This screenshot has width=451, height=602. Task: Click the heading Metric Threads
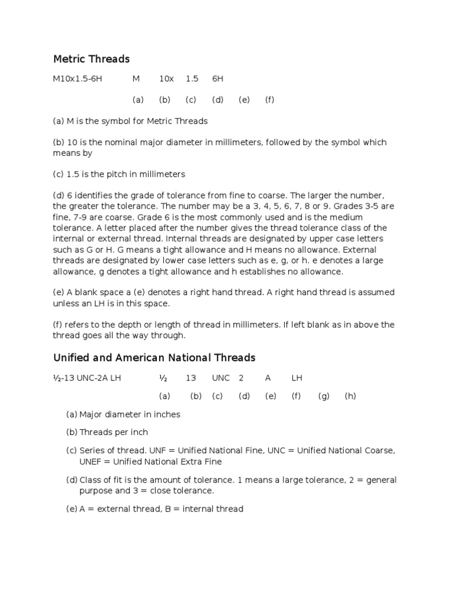click(x=91, y=59)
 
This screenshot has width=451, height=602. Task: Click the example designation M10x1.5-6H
click(x=78, y=79)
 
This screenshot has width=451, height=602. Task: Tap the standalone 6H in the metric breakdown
click(x=217, y=79)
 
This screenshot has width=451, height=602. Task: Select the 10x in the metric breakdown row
click(x=166, y=79)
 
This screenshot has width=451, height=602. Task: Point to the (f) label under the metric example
click(x=270, y=100)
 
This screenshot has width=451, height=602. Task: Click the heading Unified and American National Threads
click(x=154, y=357)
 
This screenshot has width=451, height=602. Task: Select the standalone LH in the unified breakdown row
click(x=297, y=378)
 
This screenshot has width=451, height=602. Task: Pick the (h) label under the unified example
click(x=351, y=396)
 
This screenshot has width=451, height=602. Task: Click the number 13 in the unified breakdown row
click(x=191, y=378)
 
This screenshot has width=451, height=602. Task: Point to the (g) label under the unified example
click(x=324, y=396)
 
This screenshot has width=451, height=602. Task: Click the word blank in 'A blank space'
click(x=87, y=292)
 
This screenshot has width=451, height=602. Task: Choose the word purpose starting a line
click(x=97, y=490)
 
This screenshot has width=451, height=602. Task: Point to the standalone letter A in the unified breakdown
click(x=268, y=378)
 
